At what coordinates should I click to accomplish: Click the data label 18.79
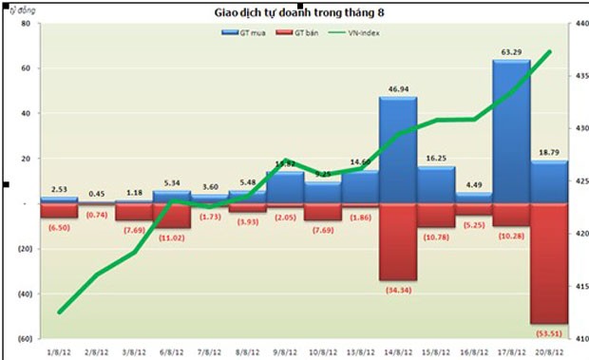coord(549,151)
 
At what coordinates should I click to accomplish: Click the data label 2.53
coord(58,189)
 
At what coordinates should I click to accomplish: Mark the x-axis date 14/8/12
coord(398,350)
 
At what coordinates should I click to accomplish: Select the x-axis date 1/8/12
coord(59,350)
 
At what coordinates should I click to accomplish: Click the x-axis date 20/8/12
coord(548,350)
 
